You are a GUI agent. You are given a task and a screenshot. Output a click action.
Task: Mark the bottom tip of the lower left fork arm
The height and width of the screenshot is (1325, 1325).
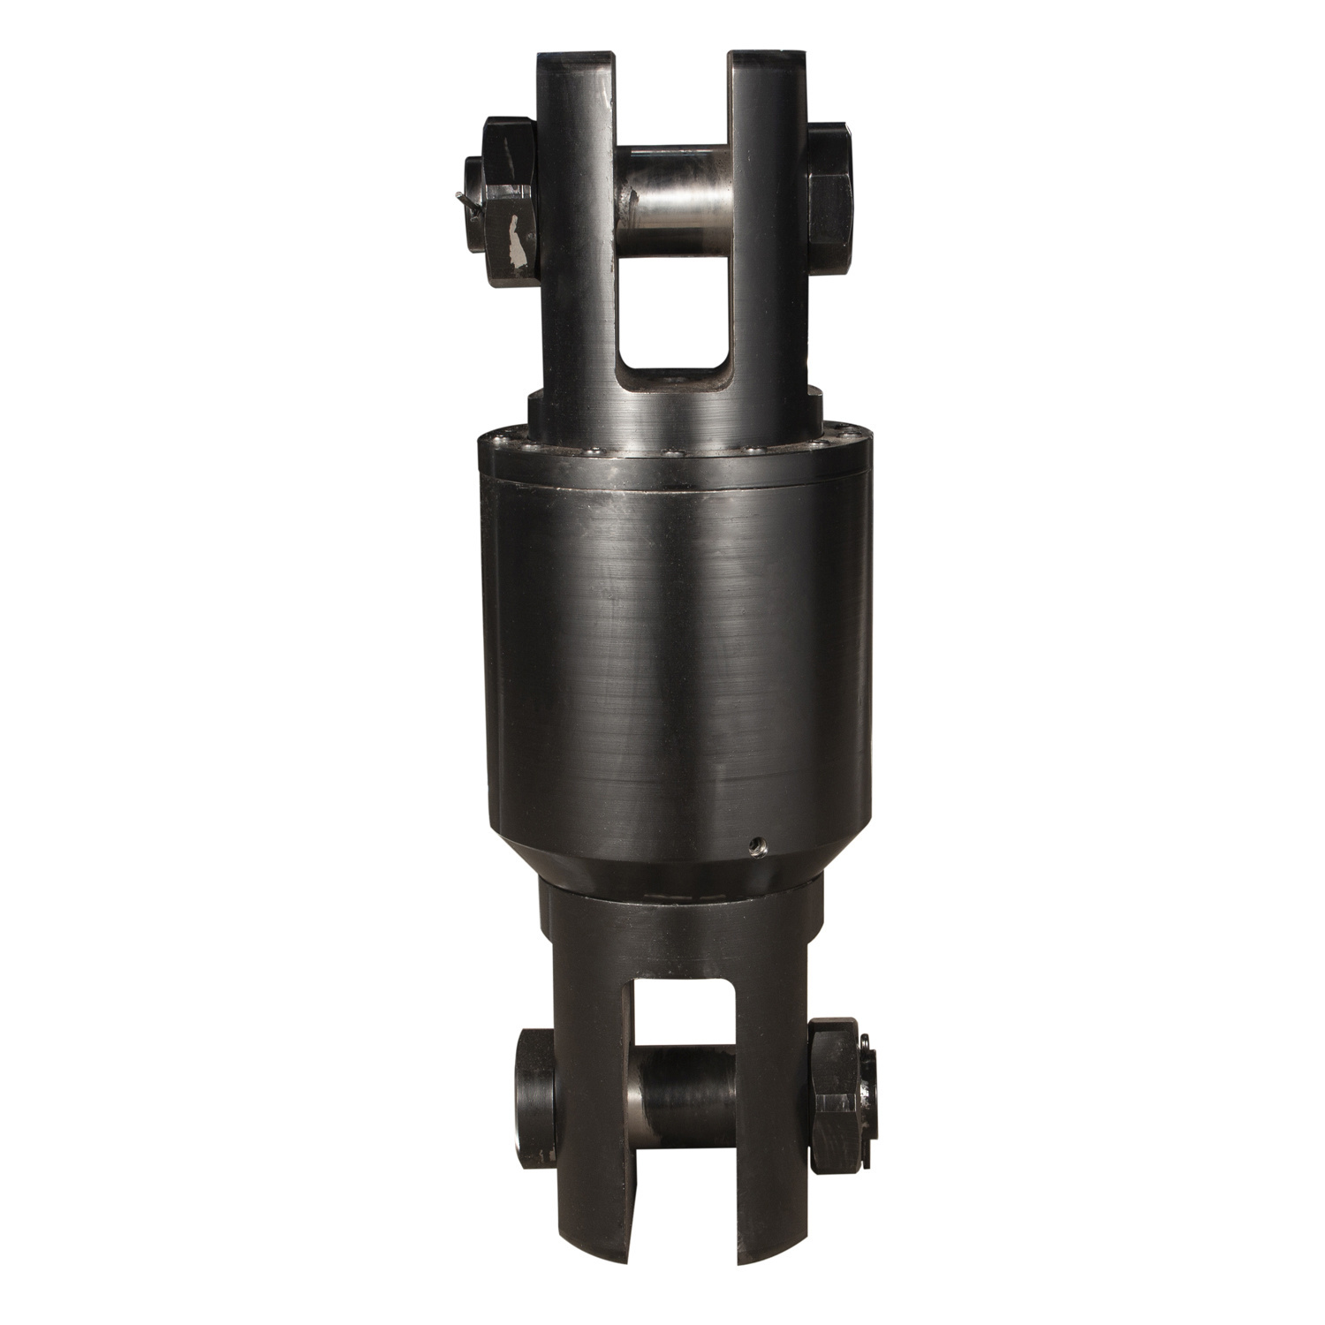point(587,1250)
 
